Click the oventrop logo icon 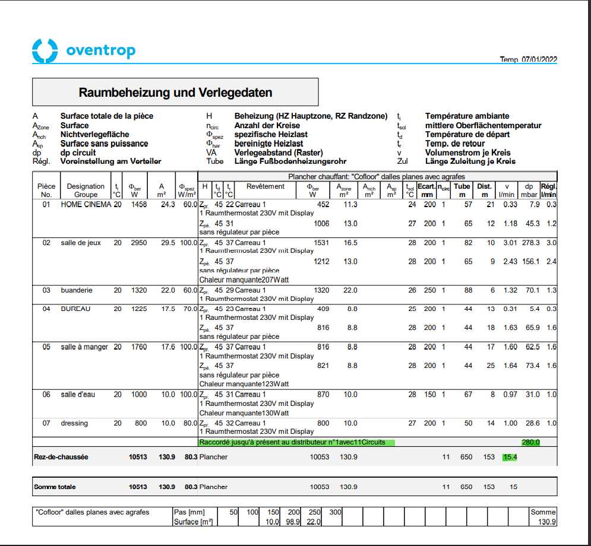click(45, 50)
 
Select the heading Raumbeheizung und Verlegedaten click(175, 93)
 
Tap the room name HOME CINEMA click(86, 205)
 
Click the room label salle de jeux click(81, 243)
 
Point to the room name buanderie click(77, 290)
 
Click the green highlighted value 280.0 click(530, 442)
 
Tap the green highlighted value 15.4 click(510, 457)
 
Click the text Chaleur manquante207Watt click(244, 280)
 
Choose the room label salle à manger click(84, 347)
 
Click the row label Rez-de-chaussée click(61, 457)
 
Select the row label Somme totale click(55, 487)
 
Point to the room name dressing click(74, 423)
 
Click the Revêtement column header click(266, 186)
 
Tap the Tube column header click(462, 186)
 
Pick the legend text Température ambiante click(467, 116)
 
